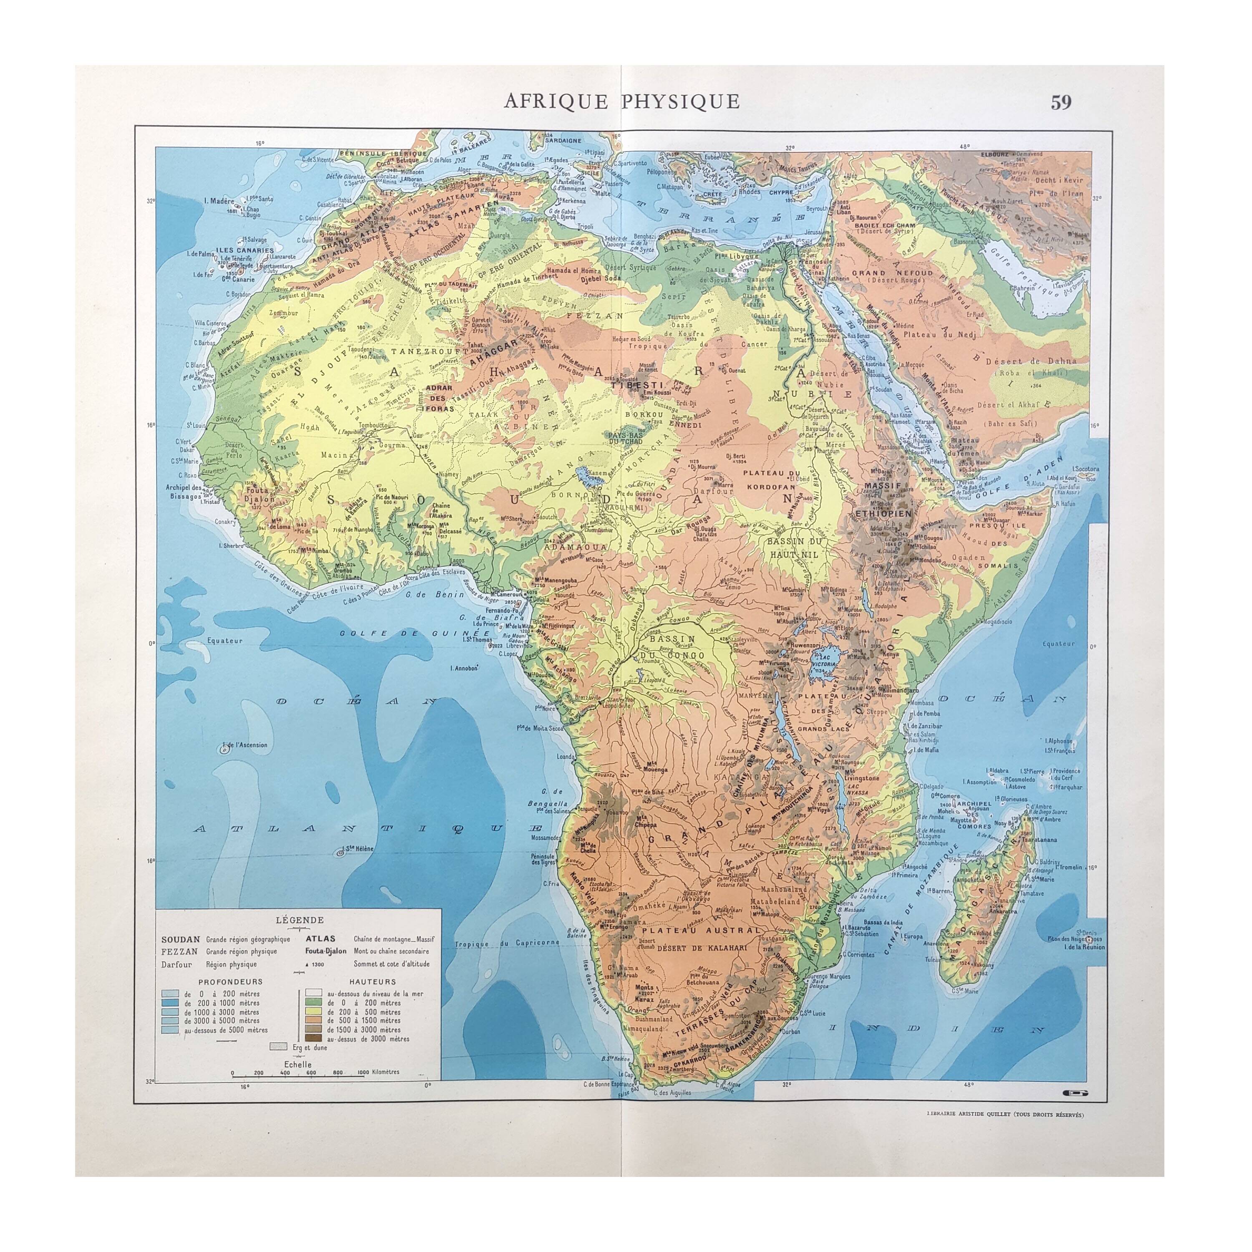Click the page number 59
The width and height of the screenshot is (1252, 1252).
click(x=1061, y=102)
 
